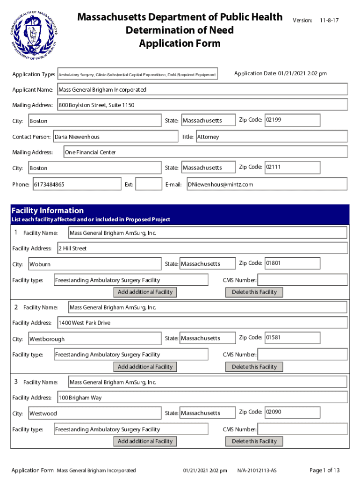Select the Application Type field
coord(137,74)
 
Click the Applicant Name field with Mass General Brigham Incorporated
coord(202,89)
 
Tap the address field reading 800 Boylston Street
coord(202,105)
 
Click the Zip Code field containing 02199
coord(292,120)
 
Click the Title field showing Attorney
coord(271,137)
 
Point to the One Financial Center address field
coord(205,152)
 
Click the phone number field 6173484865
coord(76,184)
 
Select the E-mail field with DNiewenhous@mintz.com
coord(266,184)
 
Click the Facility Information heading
coord(48,210)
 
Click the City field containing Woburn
coord(94,264)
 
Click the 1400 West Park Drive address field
coord(202,323)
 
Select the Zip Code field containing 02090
coord(292,413)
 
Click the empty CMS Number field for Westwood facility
coord(302,429)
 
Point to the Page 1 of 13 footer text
coord(324,470)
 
